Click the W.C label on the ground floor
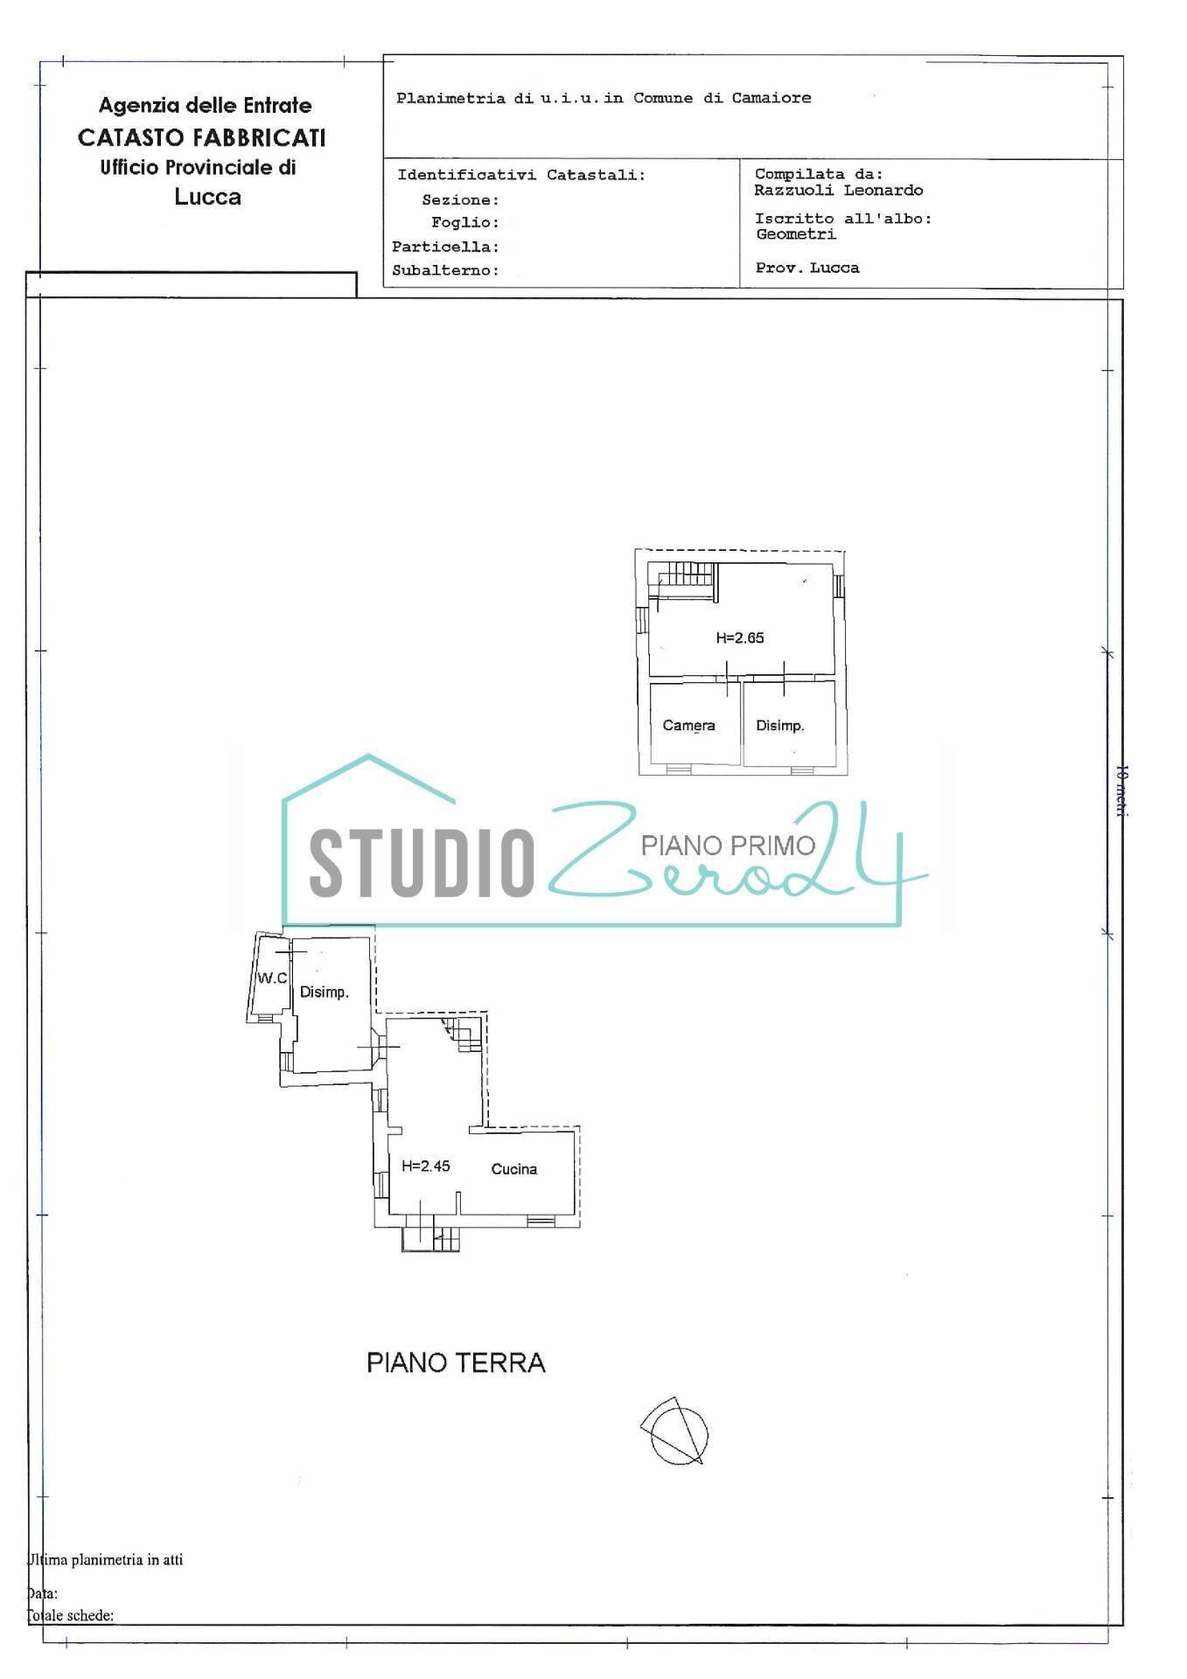point(272,979)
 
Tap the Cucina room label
point(513,1169)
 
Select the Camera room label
point(688,726)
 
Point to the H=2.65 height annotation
point(740,638)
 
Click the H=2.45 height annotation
point(426,1166)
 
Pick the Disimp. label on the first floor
point(780,726)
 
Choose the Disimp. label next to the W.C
point(325,993)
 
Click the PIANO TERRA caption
point(456,1363)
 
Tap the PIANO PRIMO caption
point(728,845)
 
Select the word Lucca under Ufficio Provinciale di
point(208,197)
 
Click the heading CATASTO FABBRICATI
point(202,138)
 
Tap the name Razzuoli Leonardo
point(839,191)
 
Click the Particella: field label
point(445,247)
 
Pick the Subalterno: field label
point(445,271)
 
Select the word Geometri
point(796,234)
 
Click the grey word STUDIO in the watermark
point(422,862)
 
